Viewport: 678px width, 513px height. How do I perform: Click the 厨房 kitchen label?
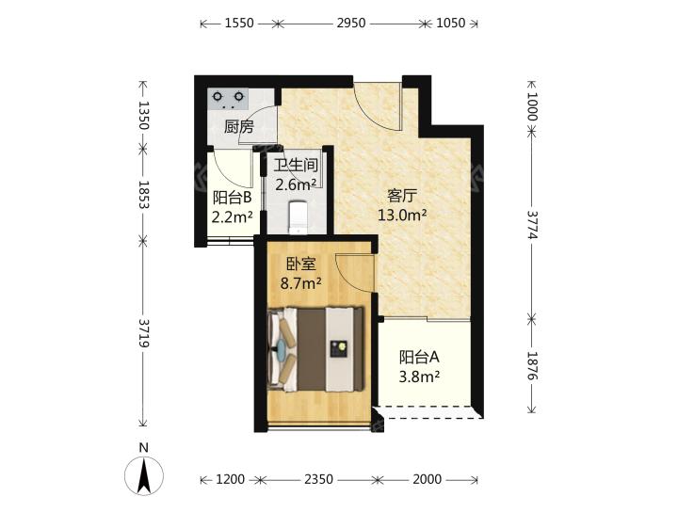pyautogui.click(x=238, y=127)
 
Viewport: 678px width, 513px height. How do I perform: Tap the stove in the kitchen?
pyautogui.click(x=228, y=99)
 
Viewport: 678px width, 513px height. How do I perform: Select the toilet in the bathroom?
pyautogui.click(x=298, y=216)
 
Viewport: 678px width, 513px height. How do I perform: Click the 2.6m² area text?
pyautogui.click(x=297, y=185)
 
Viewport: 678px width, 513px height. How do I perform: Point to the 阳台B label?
pyautogui.click(x=233, y=198)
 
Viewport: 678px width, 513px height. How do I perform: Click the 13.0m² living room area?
pyautogui.click(x=403, y=215)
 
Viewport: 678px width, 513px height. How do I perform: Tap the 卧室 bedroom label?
pyautogui.click(x=301, y=265)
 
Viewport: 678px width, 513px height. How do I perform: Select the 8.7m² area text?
pyautogui.click(x=301, y=283)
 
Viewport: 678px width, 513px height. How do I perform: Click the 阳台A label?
pyautogui.click(x=419, y=358)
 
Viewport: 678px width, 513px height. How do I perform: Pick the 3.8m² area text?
pyautogui.click(x=419, y=377)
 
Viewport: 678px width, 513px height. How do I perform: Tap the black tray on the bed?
pyautogui.click(x=339, y=348)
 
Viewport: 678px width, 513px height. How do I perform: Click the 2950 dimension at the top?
pyautogui.click(x=351, y=23)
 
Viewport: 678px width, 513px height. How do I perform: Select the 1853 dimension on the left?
pyautogui.click(x=143, y=195)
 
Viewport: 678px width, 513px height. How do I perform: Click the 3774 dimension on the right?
pyautogui.click(x=532, y=225)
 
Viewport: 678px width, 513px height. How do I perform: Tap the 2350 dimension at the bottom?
pyautogui.click(x=318, y=479)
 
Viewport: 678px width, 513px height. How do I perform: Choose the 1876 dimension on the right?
pyautogui.click(x=532, y=365)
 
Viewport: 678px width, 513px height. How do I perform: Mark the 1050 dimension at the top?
pyautogui.click(x=450, y=23)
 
